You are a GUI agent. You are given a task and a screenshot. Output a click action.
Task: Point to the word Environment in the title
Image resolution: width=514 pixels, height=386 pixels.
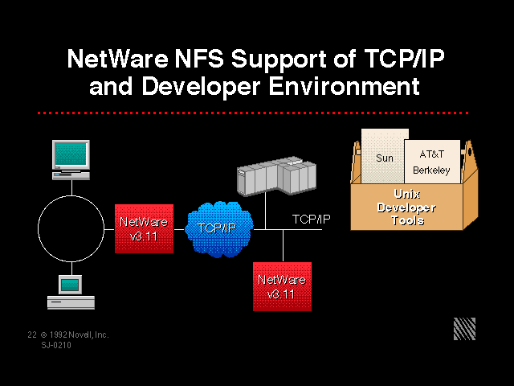(x=347, y=86)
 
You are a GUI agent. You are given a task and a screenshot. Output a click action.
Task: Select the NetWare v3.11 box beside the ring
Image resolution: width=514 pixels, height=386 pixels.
(x=144, y=228)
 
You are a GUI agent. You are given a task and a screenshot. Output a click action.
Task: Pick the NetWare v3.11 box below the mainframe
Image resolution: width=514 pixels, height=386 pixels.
(x=282, y=286)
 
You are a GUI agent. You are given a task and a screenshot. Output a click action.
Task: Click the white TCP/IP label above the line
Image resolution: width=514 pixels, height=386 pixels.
(x=311, y=219)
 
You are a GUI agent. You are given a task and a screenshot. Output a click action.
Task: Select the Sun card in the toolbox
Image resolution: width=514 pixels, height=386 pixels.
(x=385, y=158)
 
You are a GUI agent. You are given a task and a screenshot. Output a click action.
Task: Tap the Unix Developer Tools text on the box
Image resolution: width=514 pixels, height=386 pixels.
(x=413, y=207)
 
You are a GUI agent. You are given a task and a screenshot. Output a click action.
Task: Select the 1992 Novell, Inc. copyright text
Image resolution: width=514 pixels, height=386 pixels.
(x=79, y=334)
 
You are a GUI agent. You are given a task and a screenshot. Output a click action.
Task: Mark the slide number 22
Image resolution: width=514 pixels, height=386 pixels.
(x=31, y=334)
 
